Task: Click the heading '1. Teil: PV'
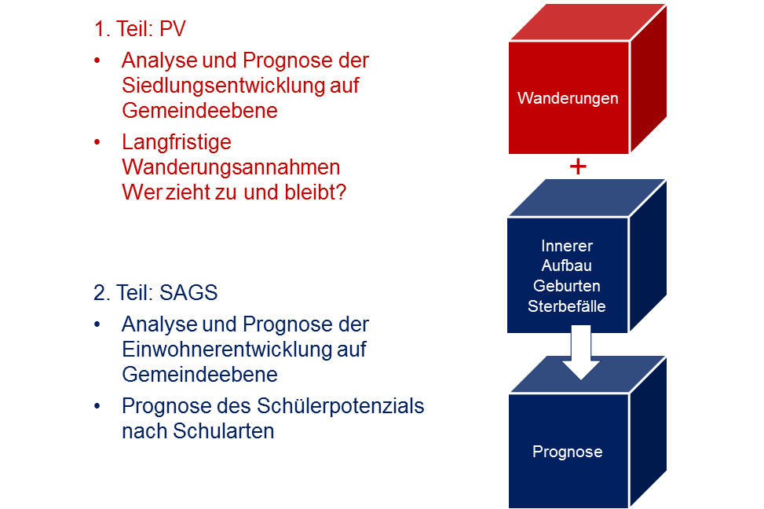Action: point(140,29)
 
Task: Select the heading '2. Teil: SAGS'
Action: point(155,292)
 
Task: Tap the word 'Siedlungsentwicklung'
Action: point(223,86)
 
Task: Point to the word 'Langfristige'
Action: point(177,143)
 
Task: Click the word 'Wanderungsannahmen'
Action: point(231,167)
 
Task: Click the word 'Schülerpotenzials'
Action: point(341,406)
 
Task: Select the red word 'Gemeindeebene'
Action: point(199,110)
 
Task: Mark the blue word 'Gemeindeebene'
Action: point(199,375)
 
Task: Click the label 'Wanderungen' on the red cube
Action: point(568,98)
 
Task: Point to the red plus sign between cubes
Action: point(578,167)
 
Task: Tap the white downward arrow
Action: point(581,353)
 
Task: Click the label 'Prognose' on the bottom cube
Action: point(567,452)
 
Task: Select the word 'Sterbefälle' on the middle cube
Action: point(567,306)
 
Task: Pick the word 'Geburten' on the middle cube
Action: point(567,286)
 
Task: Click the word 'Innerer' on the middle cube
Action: point(567,246)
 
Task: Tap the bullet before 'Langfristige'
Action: point(97,142)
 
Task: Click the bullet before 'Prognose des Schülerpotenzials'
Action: point(97,406)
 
